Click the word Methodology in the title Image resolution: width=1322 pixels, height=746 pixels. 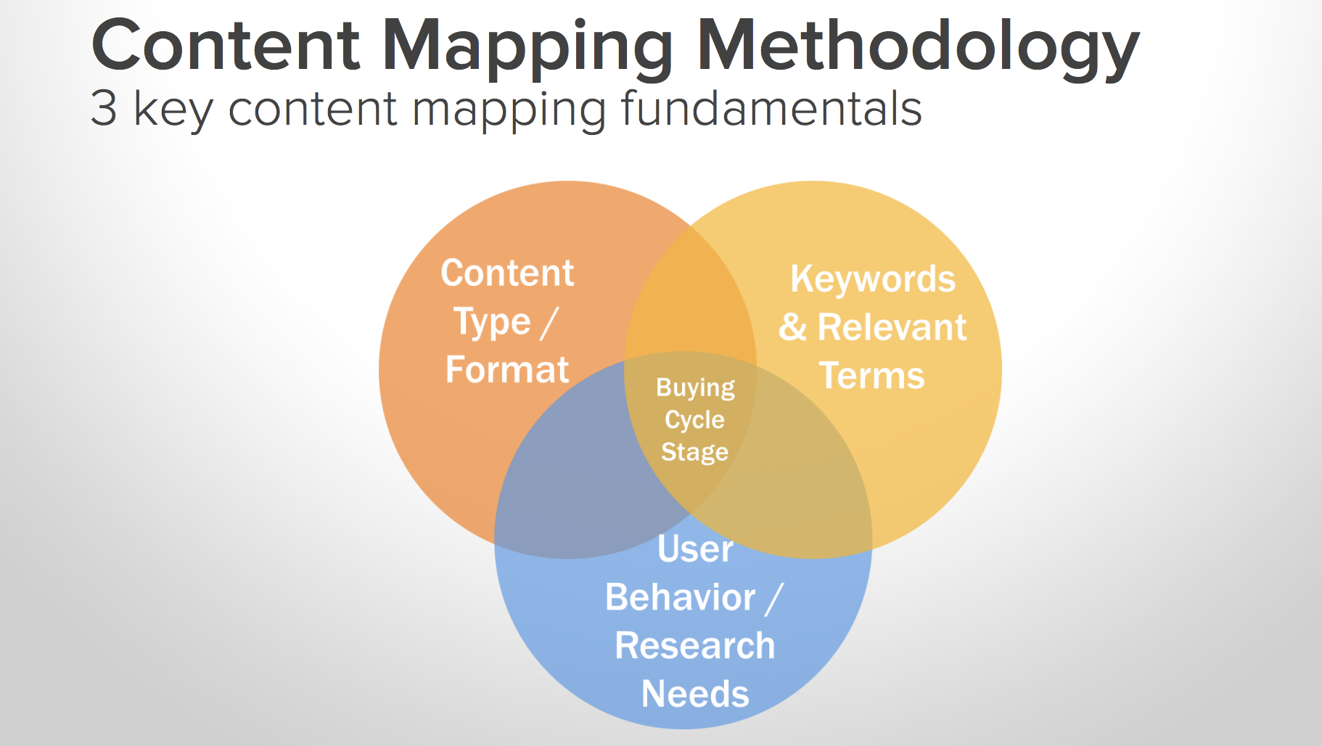(x=918, y=48)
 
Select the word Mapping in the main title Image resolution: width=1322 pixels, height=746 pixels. (x=527, y=48)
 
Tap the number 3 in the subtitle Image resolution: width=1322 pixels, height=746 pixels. (x=104, y=108)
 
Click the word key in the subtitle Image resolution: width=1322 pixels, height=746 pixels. (x=174, y=110)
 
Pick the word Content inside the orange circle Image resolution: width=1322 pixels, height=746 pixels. (x=507, y=273)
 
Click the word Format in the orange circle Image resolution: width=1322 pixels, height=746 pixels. (x=507, y=369)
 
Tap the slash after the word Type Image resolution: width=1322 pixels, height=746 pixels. (x=549, y=323)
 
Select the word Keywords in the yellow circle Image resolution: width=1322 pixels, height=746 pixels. (x=873, y=279)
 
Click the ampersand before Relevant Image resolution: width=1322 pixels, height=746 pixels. (x=792, y=327)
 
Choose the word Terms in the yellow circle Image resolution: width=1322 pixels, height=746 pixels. (x=872, y=376)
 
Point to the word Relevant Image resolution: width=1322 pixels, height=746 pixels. (x=892, y=327)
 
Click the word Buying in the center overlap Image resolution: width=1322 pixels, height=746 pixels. (x=695, y=388)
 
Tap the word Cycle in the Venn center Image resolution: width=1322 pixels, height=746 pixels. (x=695, y=420)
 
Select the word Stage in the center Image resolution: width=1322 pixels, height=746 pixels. (x=695, y=452)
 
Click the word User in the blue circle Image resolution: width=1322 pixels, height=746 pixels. (x=695, y=549)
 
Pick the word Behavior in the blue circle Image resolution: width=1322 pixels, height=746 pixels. (x=681, y=597)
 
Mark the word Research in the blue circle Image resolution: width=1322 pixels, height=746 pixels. (x=695, y=646)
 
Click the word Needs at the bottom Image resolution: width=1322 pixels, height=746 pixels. (x=695, y=694)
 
